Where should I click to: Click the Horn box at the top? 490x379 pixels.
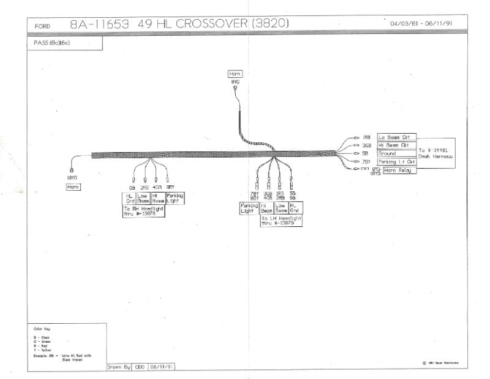235,74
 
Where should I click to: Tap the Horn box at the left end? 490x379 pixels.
73,186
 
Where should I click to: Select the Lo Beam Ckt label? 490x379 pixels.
396,137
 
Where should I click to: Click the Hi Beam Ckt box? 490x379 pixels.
396,145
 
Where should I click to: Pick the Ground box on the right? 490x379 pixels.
396,153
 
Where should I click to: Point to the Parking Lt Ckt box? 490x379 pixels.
396,162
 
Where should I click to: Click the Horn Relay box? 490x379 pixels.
399,170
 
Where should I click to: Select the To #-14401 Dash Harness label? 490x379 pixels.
435,153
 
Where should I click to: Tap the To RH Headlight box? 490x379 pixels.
144,212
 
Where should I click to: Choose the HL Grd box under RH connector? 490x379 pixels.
129,198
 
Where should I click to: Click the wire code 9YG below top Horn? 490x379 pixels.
235,82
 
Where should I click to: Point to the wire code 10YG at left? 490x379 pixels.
72,178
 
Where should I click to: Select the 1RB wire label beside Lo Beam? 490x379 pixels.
366,137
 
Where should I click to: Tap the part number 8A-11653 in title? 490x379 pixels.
99,25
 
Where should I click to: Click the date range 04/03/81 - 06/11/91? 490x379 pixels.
421,24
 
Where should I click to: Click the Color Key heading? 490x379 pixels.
37,329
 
